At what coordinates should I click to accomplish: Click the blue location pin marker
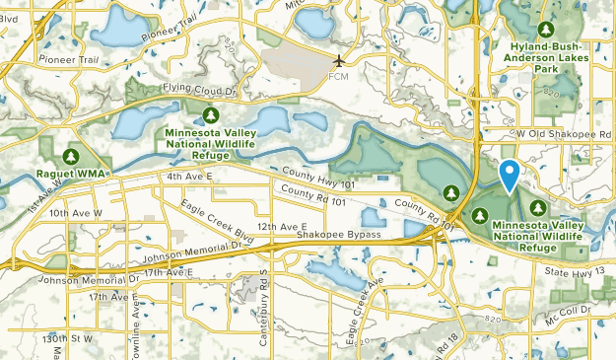(x=510, y=176)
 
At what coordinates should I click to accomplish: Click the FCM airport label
(x=339, y=77)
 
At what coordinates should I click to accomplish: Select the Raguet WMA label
(x=70, y=174)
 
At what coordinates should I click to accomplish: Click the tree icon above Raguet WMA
(x=70, y=157)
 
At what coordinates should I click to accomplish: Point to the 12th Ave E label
(x=282, y=226)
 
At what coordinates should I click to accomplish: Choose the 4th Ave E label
(x=189, y=177)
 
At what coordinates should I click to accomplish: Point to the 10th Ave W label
(x=75, y=212)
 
